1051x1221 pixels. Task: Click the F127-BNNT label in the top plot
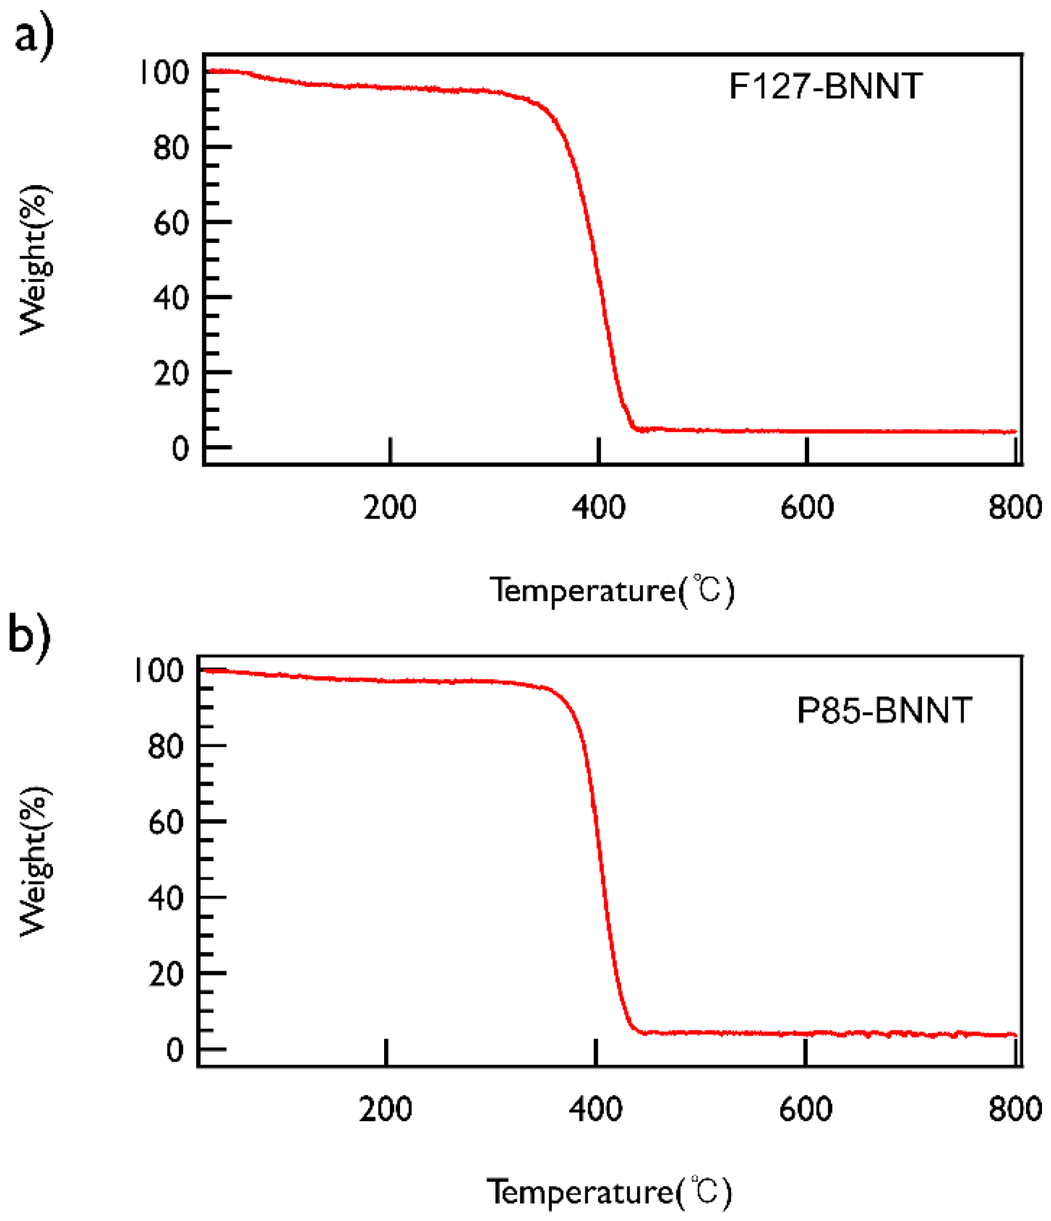click(x=825, y=86)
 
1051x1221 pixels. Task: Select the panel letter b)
click(x=30, y=635)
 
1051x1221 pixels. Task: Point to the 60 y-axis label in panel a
click(x=171, y=223)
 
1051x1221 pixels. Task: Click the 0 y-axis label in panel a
click(x=180, y=449)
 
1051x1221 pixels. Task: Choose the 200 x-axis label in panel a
click(x=389, y=507)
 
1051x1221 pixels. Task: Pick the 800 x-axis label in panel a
click(x=1014, y=507)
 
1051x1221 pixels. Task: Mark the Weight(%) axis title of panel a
click(x=34, y=260)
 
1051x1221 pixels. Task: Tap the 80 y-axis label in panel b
click(x=166, y=747)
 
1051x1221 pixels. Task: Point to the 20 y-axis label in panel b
click(x=166, y=974)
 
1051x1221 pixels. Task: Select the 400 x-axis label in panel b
click(x=595, y=1109)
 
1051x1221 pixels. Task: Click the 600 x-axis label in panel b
click(x=805, y=1109)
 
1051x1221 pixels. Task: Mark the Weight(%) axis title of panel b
click(x=34, y=861)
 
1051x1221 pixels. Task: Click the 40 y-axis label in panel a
click(x=171, y=298)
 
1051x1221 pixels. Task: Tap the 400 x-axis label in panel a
click(x=598, y=507)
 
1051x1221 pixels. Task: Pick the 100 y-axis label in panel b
click(x=159, y=671)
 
